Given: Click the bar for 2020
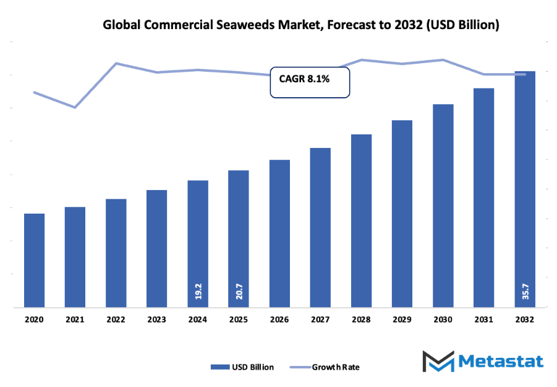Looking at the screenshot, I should pyautogui.click(x=34, y=260).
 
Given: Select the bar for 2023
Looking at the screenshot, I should pyautogui.click(x=156, y=248).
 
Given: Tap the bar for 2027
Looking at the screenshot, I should pyautogui.click(x=320, y=227).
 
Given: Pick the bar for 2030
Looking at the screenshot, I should pyautogui.click(x=443, y=205).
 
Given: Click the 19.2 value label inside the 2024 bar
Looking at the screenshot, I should pyautogui.click(x=198, y=292).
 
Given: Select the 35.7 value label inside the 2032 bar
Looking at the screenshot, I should pyautogui.click(x=525, y=292).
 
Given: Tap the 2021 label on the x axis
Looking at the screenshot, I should pyautogui.click(x=75, y=320).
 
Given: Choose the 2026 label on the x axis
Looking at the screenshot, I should pyautogui.click(x=279, y=320).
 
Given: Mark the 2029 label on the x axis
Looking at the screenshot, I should pyautogui.click(x=402, y=320).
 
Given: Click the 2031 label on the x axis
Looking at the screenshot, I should pyautogui.click(x=483, y=320).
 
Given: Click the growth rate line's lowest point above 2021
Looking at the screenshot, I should pyautogui.click(x=75, y=108).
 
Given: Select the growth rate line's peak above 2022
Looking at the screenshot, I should pyautogui.click(x=116, y=63).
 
